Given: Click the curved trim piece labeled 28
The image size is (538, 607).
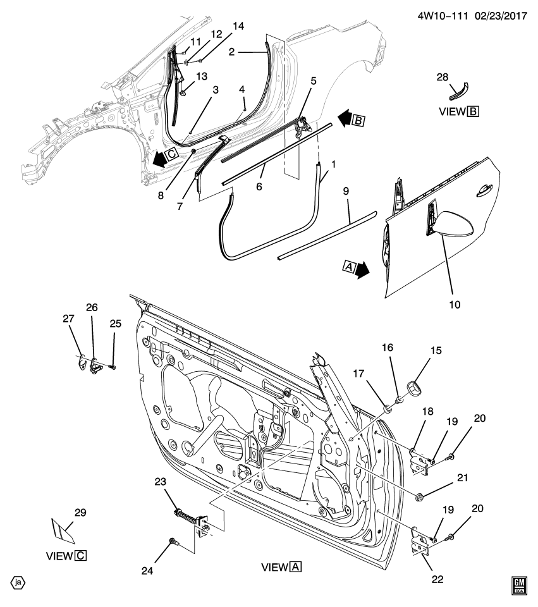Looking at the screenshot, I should click(458, 92).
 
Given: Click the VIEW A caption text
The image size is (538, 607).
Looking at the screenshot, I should click(281, 567).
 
